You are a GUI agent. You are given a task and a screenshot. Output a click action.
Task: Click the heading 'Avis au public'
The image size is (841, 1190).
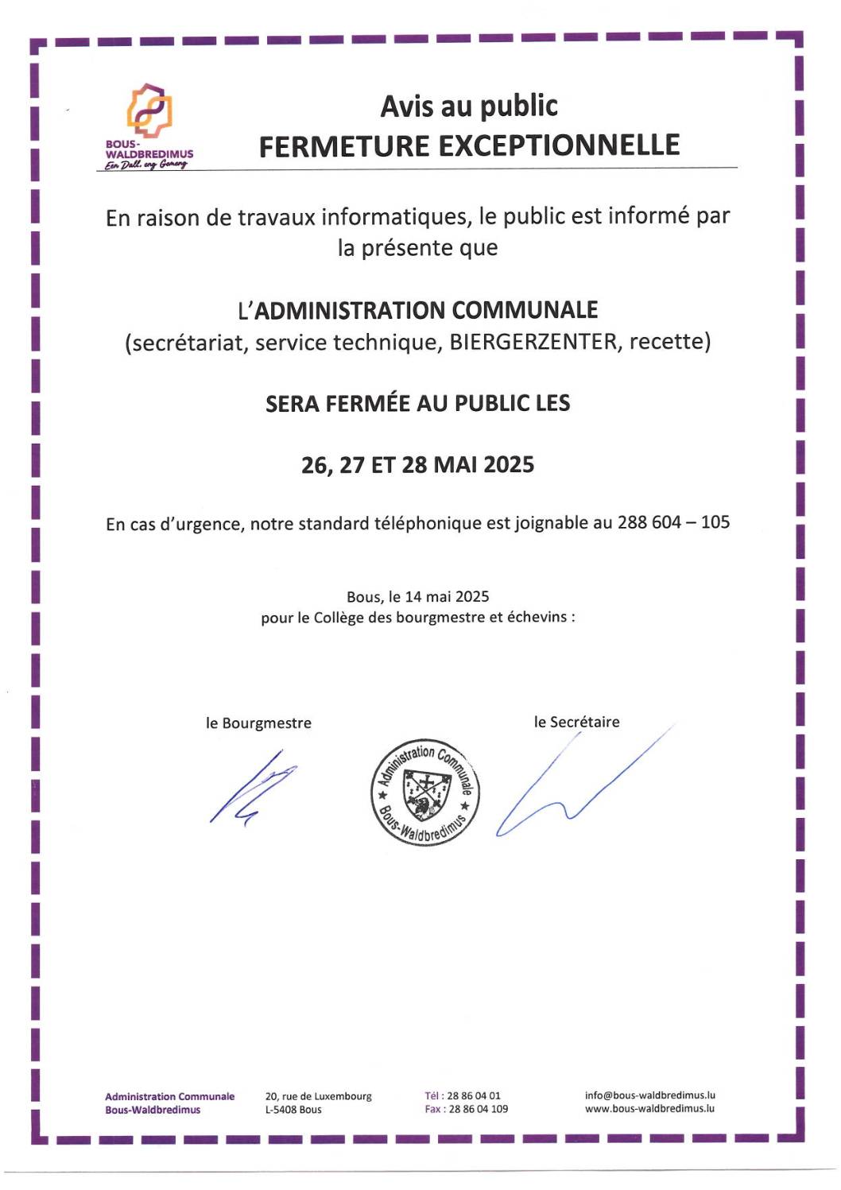[469, 106]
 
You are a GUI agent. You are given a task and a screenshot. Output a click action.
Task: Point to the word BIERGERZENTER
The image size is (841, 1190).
[533, 342]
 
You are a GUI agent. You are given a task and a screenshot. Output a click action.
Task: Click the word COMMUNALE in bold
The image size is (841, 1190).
[525, 309]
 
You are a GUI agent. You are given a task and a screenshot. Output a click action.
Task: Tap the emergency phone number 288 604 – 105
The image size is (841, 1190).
[673, 522]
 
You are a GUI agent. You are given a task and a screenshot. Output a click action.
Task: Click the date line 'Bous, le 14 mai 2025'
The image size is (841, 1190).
[417, 596]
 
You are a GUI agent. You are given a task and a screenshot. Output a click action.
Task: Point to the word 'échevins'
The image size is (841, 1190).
[537, 617]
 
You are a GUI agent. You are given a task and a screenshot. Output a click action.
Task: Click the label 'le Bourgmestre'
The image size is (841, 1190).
[258, 723]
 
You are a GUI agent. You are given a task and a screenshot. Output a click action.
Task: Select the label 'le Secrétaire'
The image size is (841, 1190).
[576, 722]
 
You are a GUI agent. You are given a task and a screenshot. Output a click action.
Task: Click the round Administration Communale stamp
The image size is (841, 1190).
[425, 792]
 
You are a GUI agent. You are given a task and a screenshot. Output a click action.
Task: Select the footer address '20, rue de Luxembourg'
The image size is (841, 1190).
[318, 1096]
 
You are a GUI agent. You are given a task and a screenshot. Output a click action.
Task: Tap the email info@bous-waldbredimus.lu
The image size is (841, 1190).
[650, 1095]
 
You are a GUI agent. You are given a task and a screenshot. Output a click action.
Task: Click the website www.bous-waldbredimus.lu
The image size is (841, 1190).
[649, 1108]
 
